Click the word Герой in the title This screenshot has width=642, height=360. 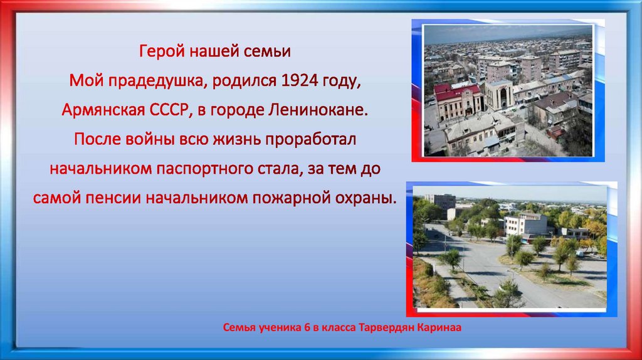tap(158, 51)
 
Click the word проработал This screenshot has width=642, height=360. tap(310, 140)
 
